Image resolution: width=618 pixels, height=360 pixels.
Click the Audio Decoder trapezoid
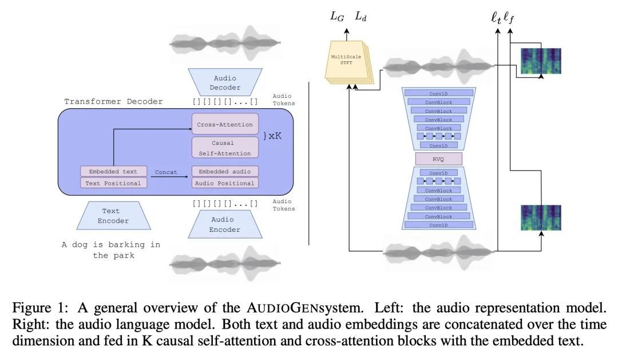[225, 82]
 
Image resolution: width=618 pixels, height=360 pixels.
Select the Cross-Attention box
[225, 124]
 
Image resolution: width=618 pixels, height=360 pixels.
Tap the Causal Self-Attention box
[225, 148]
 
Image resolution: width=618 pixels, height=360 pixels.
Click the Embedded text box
[113, 172]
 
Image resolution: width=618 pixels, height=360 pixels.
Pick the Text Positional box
[113, 183]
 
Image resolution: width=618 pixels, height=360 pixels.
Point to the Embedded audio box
[225, 172]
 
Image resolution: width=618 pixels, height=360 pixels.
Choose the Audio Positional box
[225, 183]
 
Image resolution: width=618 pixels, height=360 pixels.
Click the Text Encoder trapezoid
[113, 216]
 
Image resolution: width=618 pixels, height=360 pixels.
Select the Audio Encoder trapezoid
[225, 224]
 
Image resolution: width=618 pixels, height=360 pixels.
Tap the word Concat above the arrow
[166, 172]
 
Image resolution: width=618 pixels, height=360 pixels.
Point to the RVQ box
[439, 159]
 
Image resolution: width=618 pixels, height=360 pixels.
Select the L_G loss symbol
[337, 17]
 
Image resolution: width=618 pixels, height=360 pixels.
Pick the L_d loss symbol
[360, 17]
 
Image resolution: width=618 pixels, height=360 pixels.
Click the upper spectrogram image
[541, 61]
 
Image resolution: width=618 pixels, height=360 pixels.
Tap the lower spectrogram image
[541, 217]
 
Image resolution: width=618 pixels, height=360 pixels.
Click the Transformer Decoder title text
[113, 101]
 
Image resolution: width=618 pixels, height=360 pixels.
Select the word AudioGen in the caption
[289, 307]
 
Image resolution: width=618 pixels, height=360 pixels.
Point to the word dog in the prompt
[80, 245]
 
